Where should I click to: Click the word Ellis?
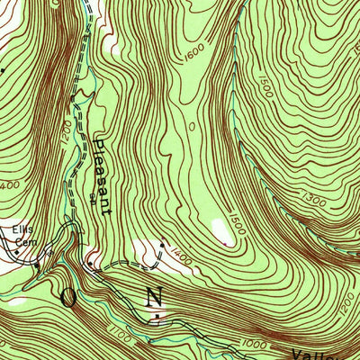tap(22, 228)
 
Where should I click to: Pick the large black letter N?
tap(155, 296)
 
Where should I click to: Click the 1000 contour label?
tap(255, 345)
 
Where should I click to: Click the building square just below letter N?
tap(158, 316)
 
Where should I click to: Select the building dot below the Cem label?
tap(37, 265)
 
